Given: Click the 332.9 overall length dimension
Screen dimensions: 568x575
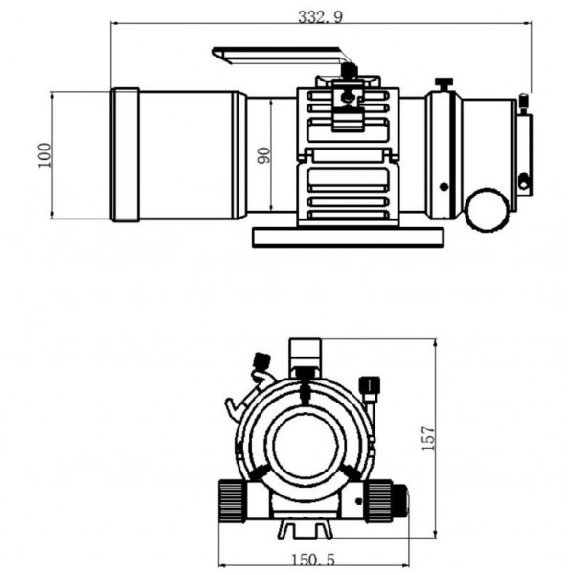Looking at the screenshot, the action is click(320, 17).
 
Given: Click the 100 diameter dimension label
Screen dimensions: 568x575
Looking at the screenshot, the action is click(45, 155).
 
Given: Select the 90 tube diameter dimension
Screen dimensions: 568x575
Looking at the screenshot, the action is click(263, 155).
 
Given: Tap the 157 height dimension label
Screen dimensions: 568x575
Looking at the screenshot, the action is click(428, 438).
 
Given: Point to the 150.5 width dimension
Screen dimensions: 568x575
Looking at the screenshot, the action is click(312, 560).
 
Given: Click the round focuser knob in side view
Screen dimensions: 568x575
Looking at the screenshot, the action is click(487, 210).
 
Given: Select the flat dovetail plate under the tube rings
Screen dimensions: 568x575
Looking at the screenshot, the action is click(348, 238).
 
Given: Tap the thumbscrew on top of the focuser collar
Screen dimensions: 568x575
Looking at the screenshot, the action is click(443, 84).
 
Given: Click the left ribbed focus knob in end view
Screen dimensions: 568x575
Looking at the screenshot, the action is click(232, 501).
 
